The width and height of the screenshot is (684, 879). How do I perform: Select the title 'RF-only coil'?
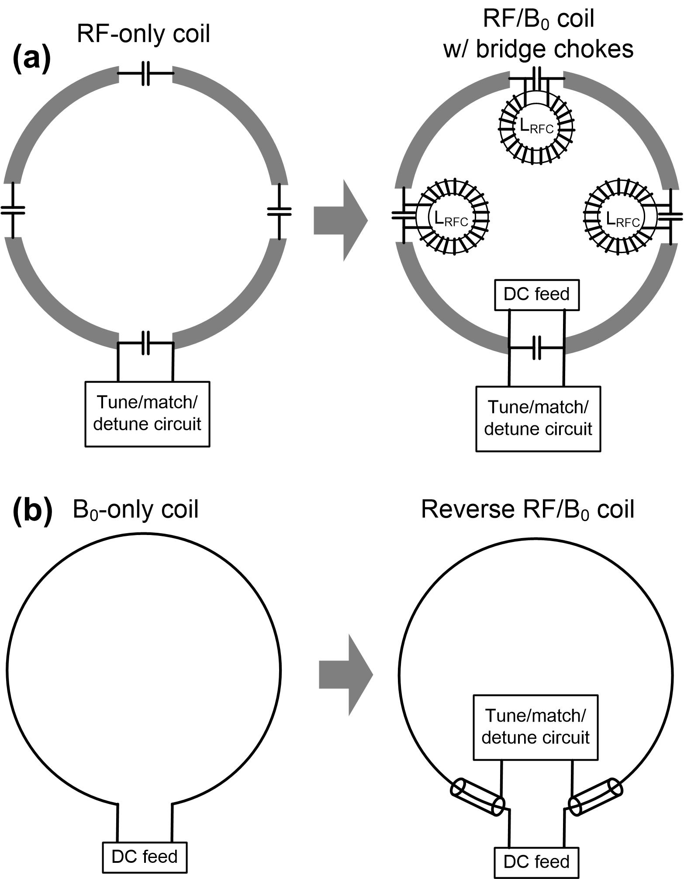click(144, 34)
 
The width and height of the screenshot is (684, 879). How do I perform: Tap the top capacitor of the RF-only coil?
click(146, 73)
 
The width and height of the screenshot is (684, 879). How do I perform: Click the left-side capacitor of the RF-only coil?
click(13, 210)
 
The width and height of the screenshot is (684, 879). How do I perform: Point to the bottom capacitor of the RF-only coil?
click(146, 343)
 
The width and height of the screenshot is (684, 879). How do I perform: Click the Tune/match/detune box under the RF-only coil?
click(147, 414)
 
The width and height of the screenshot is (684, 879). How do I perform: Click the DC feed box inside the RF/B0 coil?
click(537, 294)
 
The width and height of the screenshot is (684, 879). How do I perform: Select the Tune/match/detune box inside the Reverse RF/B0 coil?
click(535, 727)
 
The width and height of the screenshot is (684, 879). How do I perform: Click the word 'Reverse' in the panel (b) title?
click(467, 509)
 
